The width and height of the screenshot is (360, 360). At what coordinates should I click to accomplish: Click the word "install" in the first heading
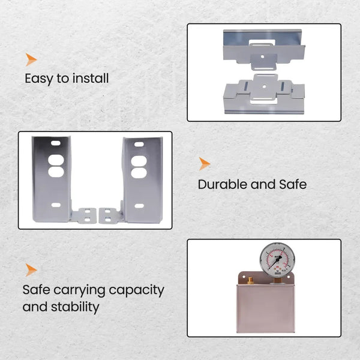click(x=91, y=79)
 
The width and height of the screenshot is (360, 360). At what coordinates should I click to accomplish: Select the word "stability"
click(x=75, y=307)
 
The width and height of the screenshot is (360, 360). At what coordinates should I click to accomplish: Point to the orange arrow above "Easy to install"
click(x=31, y=59)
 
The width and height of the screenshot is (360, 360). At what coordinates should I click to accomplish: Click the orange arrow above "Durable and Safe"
click(x=204, y=164)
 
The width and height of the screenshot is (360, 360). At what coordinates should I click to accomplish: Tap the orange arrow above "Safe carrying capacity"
click(x=31, y=270)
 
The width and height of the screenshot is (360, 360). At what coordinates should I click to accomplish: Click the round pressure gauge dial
click(x=277, y=260)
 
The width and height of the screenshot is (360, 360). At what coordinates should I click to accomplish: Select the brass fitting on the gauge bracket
click(x=250, y=281)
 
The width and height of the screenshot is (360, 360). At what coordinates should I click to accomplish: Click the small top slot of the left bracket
click(x=56, y=143)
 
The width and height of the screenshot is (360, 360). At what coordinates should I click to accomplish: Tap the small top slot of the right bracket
click(x=139, y=145)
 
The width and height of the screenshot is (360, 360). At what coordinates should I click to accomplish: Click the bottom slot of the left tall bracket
click(x=56, y=205)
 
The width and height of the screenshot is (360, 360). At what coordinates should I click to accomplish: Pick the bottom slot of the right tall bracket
click(x=139, y=206)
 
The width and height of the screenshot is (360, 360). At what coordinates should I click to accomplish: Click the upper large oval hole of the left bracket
click(x=56, y=160)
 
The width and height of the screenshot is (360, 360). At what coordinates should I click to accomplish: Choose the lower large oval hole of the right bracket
click(x=139, y=173)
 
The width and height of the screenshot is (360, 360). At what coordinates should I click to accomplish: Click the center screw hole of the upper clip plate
click(x=262, y=56)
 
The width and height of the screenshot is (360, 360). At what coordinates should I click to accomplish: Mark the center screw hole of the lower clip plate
click(x=264, y=86)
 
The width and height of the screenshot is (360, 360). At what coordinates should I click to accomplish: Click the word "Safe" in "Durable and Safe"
click(x=293, y=184)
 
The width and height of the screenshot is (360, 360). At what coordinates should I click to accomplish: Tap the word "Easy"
click(x=39, y=79)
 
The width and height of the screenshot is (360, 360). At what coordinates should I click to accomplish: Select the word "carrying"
click(x=81, y=290)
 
